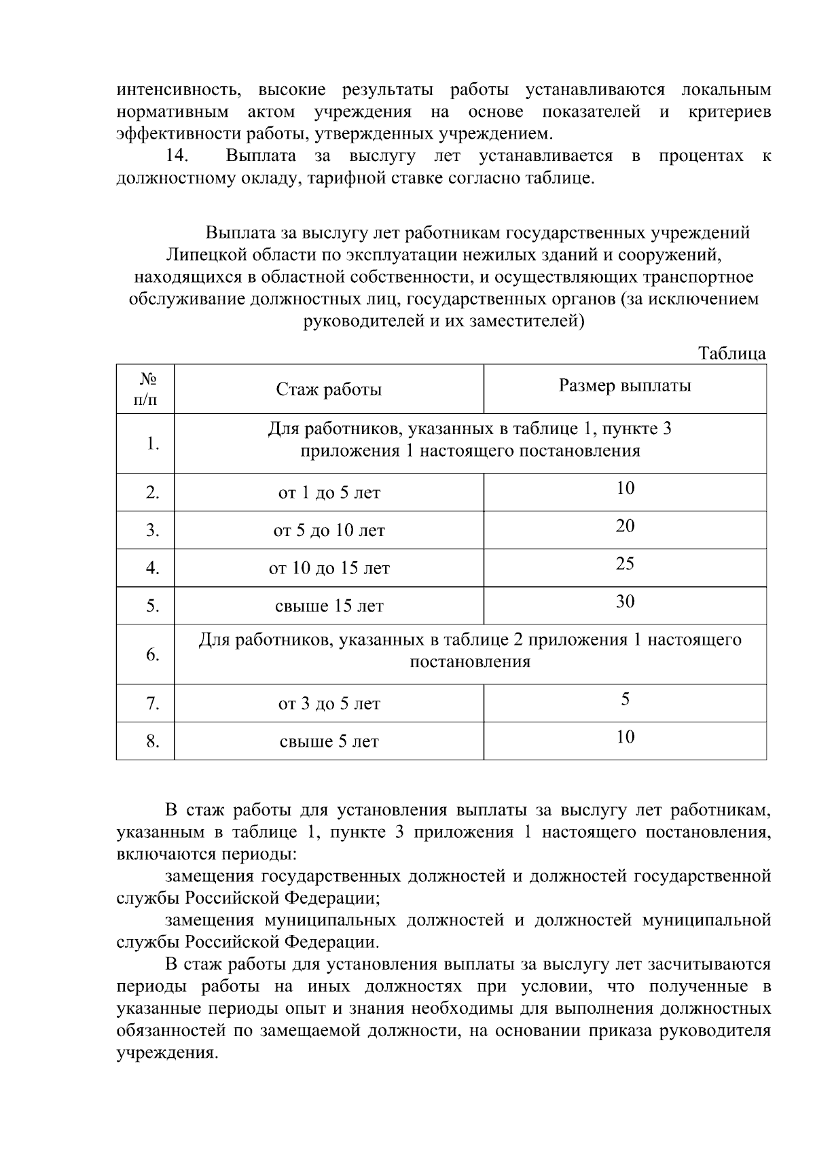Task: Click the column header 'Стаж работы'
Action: tap(329, 390)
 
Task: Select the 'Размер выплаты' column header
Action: tap(625, 386)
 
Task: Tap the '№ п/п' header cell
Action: tap(145, 389)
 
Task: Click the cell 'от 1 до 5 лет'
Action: tap(329, 493)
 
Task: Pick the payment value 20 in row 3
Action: tap(625, 526)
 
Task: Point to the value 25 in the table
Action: tap(625, 564)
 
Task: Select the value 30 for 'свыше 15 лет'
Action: tap(625, 601)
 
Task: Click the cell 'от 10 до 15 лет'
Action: tap(329, 569)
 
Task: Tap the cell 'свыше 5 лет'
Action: tap(329, 742)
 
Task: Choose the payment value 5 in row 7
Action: tap(625, 699)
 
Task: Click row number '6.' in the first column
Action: tap(153, 655)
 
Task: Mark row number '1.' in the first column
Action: tap(153, 444)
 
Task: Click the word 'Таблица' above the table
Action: tap(732, 354)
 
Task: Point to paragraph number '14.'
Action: tap(177, 156)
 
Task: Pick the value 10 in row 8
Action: tap(625, 737)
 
